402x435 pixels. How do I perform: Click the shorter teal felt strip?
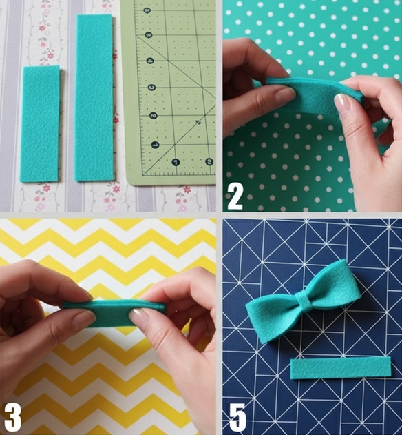point(39,124)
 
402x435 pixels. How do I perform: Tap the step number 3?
point(13,416)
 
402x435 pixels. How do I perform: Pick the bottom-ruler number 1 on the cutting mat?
point(175,163)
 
